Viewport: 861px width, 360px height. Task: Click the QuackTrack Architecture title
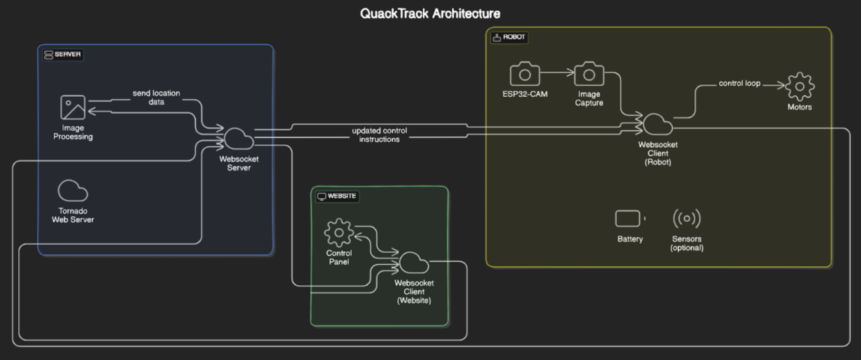pyautogui.click(x=430, y=14)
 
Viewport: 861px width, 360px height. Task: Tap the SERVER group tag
pyautogui.click(x=63, y=54)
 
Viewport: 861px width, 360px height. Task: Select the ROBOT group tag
pyautogui.click(x=509, y=37)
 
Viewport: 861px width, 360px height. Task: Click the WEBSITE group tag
pyautogui.click(x=337, y=196)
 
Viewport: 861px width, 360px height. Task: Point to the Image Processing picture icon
pyautogui.click(x=73, y=107)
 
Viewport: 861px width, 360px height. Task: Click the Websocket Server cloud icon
pyautogui.click(x=238, y=139)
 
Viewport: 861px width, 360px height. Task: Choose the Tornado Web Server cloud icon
pyautogui.click(x=73, y=191)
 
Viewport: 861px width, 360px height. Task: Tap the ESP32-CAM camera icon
pyautogui.click(x=525, y=74)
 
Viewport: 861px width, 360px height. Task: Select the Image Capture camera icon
pyautogui.click(x=589, y=74)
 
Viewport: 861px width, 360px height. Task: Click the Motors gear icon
pyautogui.click(x=800, y=86)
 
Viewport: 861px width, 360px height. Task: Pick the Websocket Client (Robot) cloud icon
pyautogui.click(x=657, y=124)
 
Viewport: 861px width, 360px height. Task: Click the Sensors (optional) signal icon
pyautogui.click(x=686, y=219)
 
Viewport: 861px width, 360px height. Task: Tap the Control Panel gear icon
pyautogui.click(x=339, y=233)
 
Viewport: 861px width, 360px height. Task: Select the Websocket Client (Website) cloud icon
pyautogui.click(x=413, y=263)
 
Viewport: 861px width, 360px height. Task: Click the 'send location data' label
pyautogui.click(x=156, y=97)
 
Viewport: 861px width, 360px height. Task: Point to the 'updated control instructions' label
pyautogui.click(x=379, y=135)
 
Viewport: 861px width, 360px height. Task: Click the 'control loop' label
pyautogui.click(x=739, y=83)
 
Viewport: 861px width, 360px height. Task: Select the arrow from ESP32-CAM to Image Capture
pyautogui.click(x=557, y=73)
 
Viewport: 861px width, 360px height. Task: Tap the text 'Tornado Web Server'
pyautogui.click(x=73, y=215)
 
